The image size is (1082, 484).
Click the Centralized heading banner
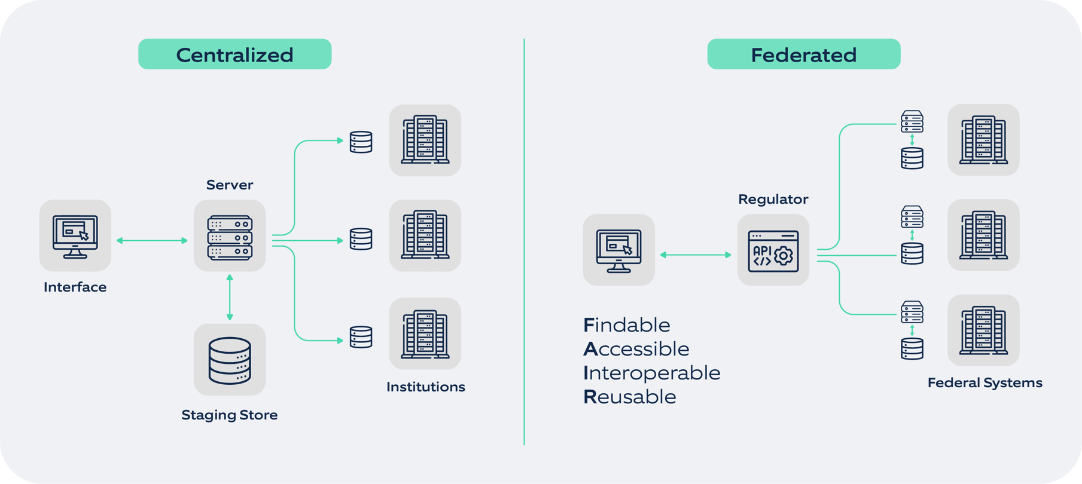[234, 54]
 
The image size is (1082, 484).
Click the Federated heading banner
[803, 54]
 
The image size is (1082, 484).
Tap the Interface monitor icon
[75, 236]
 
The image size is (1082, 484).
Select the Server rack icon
[230, 237]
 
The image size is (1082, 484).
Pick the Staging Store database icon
[230, 360]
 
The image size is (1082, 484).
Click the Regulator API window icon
[773, 251]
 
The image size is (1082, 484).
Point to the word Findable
[626, 325]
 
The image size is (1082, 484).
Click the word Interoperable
[651, 373]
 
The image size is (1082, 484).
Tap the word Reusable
[629, 397]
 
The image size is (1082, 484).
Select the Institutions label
[425, 387]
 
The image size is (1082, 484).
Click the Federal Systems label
[985, 382]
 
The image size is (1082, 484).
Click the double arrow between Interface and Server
[152, 240]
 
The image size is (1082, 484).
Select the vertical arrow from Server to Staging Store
[230, 297]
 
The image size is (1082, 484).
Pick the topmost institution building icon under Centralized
[425, 140]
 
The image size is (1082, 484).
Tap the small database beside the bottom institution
[361, 336]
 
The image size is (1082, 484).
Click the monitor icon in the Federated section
[618, 250]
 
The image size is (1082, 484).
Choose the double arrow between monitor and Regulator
[695, 255]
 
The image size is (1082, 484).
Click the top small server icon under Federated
[912, 121]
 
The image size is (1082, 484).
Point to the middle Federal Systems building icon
[983, 235]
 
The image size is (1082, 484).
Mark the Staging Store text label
[230, 415]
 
